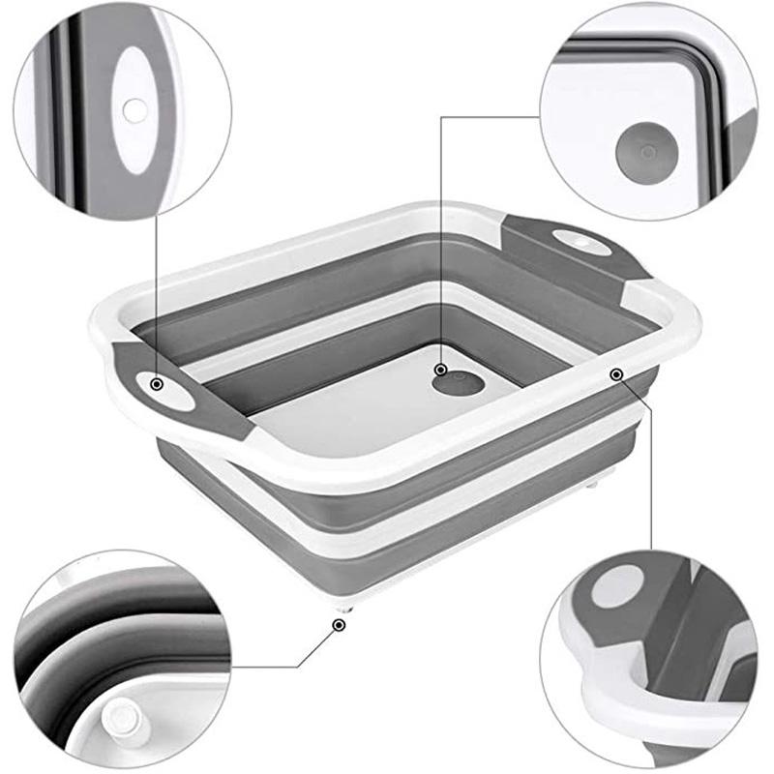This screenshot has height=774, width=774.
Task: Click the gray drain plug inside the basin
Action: (x=459, y=383)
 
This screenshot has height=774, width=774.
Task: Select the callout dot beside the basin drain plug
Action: (x=440, y=370)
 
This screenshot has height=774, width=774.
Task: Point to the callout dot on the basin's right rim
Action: (x=615, y=373)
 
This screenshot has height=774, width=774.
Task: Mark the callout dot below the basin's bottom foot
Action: (x=338, y=626)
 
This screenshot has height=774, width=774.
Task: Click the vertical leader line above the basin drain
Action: (x=440, y=242)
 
